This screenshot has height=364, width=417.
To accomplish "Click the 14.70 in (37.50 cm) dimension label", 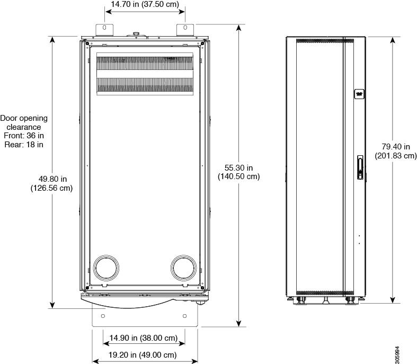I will pos(145,5).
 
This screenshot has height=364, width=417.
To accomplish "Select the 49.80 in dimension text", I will pos(51,179).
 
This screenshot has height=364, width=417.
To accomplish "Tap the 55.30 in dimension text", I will pos(238,167).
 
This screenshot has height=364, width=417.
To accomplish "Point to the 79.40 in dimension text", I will pos(395,147).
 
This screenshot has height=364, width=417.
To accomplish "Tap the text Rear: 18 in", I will pos(24,144).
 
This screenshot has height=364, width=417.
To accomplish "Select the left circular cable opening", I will pos(107,269).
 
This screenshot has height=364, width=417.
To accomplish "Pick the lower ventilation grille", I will pos(144,85).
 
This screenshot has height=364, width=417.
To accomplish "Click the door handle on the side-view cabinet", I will pos(360,167).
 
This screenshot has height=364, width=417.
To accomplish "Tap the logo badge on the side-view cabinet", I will pos(359,93).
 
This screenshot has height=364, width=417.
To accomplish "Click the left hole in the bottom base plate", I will pos(103,316).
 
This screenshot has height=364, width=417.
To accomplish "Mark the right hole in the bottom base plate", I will pos(184,316).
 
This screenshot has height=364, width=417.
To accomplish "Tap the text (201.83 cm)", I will pos(395,156).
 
